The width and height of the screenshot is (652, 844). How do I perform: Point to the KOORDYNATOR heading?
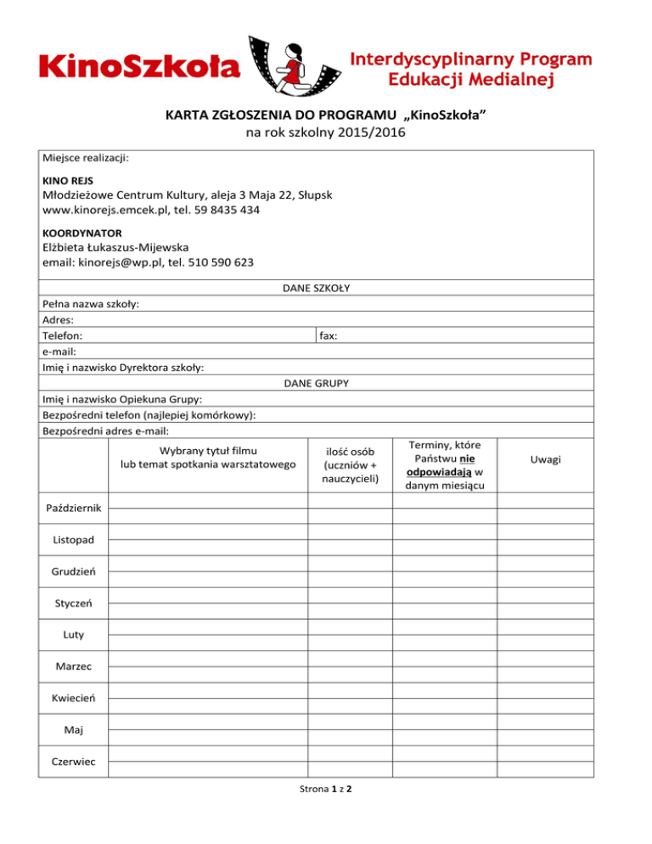82,232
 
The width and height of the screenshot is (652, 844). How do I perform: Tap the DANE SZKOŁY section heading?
316,288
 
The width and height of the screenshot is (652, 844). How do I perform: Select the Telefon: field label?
62,336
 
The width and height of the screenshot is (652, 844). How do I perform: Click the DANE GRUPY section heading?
316,383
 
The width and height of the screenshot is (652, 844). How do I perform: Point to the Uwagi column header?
545,459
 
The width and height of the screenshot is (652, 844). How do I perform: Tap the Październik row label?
74,508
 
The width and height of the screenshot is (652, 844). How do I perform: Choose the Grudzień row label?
74,572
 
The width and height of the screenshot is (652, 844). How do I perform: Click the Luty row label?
74,634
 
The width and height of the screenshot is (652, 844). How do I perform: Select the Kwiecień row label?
74,698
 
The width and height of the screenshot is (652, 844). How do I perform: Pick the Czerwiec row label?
74,762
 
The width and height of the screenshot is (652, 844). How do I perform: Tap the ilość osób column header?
350,449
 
